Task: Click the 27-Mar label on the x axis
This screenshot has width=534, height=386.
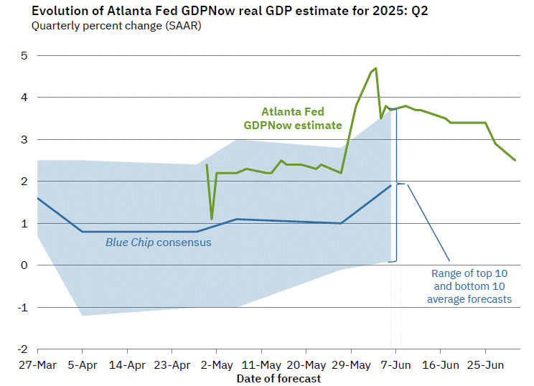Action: pyautogui.click(x=37, y=364)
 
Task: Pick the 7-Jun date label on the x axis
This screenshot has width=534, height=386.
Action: pyautogui.click(x=395, y=364)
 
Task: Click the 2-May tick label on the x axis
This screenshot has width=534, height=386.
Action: pyautogui.click(x=217, y=364)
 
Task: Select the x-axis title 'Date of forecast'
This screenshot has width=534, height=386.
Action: pyautogui.click(x=279, y=378)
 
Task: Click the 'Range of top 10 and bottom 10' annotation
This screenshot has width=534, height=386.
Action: pyautogui.click(x=469, y=286)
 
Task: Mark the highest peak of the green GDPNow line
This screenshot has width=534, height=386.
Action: pyautogui.click(x=376, y=68)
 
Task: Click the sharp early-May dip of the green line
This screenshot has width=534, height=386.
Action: pyautogui.click(x=212, y=219)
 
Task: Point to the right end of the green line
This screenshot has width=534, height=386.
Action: pyautogui.click(x=515, y=160)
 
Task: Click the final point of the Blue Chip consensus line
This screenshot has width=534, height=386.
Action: pyautogui.click(x=391, y=185)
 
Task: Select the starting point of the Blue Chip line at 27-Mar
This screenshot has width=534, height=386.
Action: pyautogui.click(x=37, y=198)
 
